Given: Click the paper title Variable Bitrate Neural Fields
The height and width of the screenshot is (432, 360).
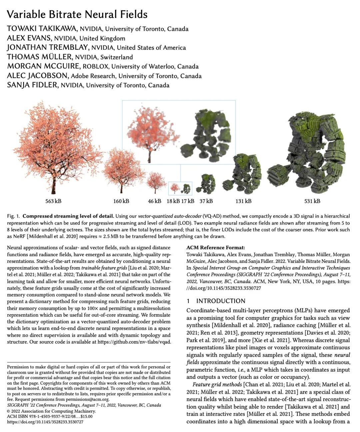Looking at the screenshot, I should point(77,14).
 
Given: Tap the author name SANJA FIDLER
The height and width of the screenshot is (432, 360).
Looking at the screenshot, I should point(32,85).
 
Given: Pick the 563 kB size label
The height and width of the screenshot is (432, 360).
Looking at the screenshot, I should point(53,201).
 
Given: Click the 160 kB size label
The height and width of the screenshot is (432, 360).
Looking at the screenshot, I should point(121,201).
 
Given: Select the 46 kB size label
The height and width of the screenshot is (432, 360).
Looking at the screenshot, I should point(155,201).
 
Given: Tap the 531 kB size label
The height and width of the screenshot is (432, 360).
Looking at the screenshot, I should point(312,201).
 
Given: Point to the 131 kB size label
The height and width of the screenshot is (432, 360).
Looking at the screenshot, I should point(243,201).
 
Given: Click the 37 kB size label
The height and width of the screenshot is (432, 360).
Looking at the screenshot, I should point(206,201).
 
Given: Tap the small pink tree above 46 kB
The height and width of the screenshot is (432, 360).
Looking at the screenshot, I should point(156,182).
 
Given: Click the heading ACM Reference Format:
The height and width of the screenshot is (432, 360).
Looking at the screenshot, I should point(215,248).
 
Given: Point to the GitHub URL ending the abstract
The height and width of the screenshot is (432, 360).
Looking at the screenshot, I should point(134,342).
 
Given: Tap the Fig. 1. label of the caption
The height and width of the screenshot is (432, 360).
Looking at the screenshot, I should point(13,216).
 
